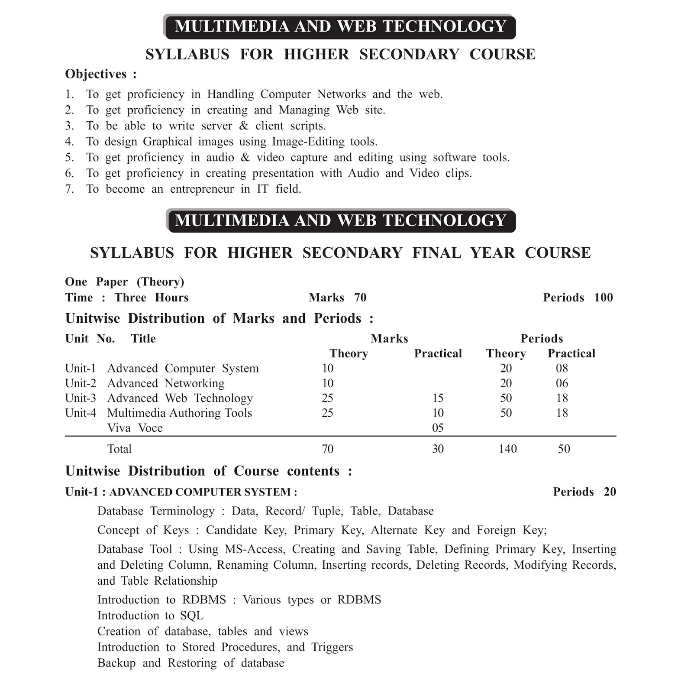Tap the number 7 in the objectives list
pos(69,189)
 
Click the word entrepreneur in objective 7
pos(202,189)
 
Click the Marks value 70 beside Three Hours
pos(360,298)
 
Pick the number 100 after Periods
pos(604,298)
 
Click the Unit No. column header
pos(90,339)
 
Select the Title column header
pos(143,339)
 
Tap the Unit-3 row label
pos(81,398)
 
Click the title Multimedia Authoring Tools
pos(179,413)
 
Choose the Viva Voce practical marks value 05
pos(438,428)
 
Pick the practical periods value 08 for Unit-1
pos(562,368)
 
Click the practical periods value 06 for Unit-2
pos(562,383)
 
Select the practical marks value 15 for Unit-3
pos(438,398)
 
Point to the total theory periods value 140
pos(507,449)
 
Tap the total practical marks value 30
pos(438,449)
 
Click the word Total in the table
pos(119,449)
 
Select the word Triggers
pos(332,647)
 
